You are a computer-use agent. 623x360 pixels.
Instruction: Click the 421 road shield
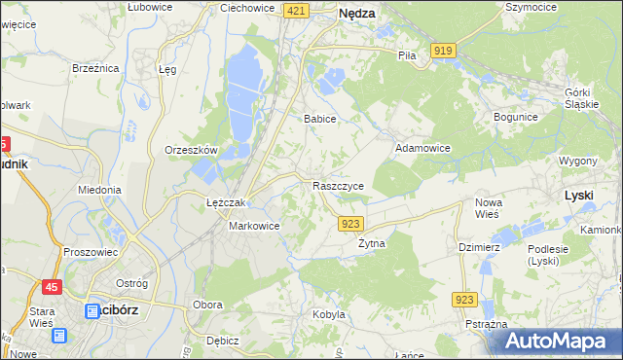[x=298, y=11]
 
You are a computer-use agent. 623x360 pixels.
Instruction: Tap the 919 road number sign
[x=444, y=51]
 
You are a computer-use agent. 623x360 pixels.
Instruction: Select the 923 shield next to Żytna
[x=352, y=224]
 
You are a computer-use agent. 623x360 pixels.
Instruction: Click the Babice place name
[x=319, y=119]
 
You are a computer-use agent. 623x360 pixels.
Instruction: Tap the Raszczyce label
[x=338, y=185]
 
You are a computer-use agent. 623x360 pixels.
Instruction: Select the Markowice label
[x=254, y=226]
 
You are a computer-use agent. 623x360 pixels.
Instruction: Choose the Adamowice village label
[x=421, y=149]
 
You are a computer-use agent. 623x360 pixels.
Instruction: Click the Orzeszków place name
[x=191, y=151]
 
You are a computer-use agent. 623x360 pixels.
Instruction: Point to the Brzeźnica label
[x=95, y=69]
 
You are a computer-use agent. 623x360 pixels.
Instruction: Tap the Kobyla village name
[x=329, y=314]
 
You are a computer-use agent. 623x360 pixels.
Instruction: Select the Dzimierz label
[x=479, y=247]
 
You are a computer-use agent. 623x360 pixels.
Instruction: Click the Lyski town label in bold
[x=579, y=195]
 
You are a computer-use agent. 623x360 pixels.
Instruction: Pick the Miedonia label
[x=99, y=190]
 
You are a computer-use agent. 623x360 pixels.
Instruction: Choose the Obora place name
[x=207, y=305]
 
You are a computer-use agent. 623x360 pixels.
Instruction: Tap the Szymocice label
[x=531, y=7]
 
